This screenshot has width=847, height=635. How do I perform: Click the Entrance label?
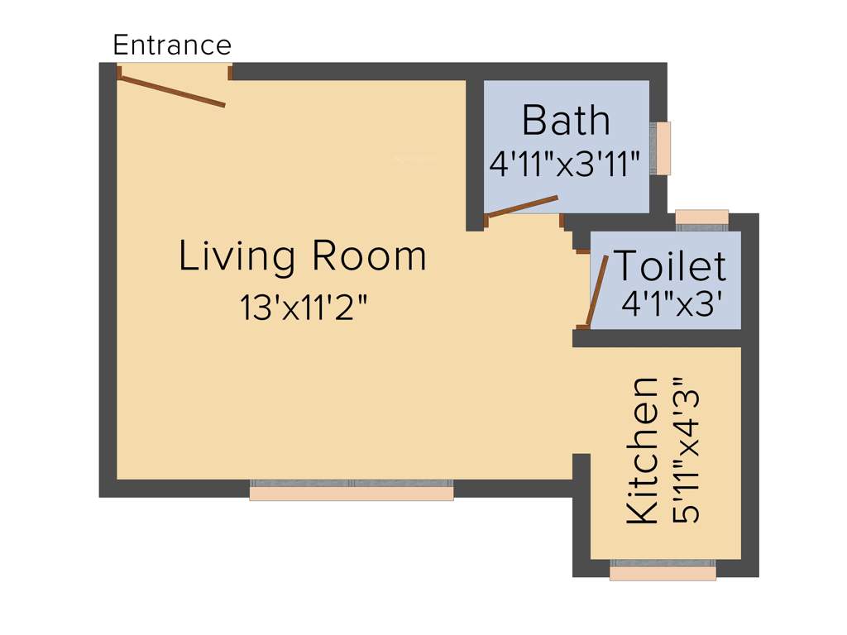tap(172, 44)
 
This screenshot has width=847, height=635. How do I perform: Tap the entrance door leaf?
tap(172, 91)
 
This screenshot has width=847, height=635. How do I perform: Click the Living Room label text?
tap(303, 256)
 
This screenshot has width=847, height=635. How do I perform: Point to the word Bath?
tap(566, 121)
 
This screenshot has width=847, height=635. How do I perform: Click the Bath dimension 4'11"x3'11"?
tap(566, 165)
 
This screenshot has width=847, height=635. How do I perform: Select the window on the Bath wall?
tap(662, 148)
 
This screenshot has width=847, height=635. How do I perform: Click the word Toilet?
tap(670, 266)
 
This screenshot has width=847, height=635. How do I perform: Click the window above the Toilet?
tap(701, 217)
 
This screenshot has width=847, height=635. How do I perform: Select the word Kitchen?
tap(643, 451)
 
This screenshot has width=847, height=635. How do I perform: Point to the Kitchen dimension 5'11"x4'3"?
tap(688, 451)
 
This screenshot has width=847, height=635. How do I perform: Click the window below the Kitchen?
tap(663, 571)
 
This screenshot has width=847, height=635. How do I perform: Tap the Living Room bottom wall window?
tap(352, 490)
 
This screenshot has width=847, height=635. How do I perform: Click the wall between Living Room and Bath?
tap(474, 153)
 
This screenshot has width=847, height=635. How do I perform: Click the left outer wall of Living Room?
tap(108, 281)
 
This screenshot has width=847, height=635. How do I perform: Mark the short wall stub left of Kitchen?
tap(581, 513)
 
